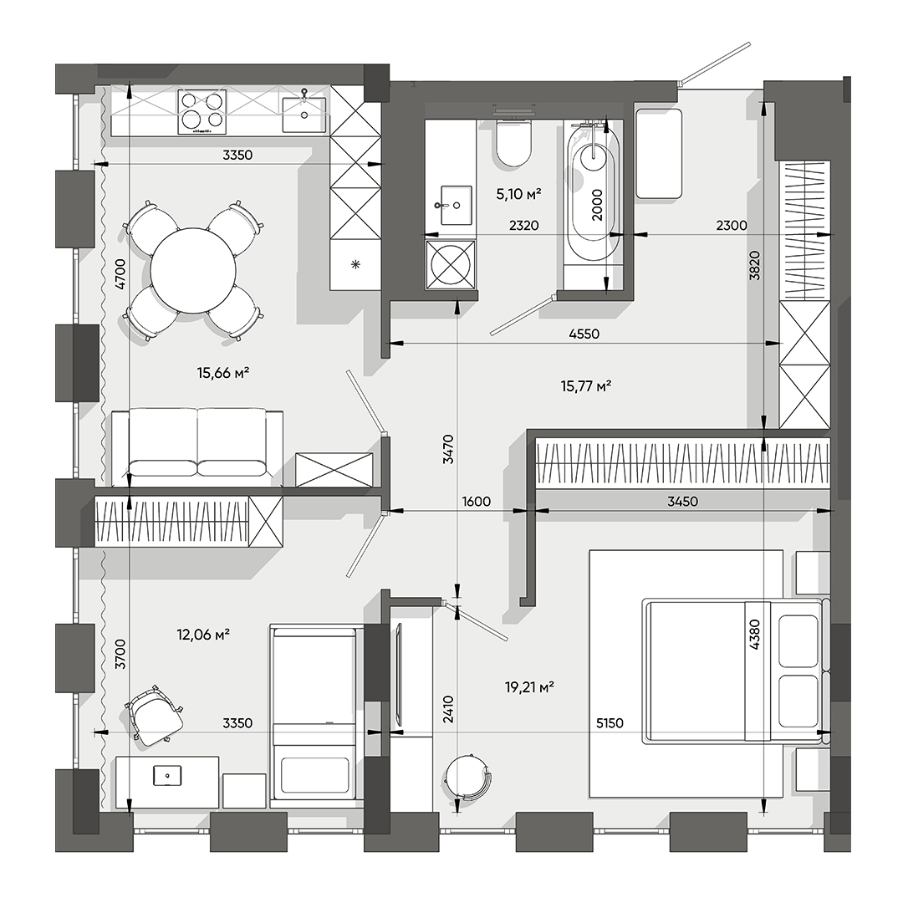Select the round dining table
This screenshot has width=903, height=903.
tap(193, 270)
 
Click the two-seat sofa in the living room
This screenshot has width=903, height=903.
tap(197, 445)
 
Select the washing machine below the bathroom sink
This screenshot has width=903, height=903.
tap(451, 266)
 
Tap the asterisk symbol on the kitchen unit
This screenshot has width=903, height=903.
tap(355, 265)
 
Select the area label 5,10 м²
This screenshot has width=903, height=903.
tap(518, 194)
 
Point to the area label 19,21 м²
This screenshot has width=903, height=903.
tap(530, 687)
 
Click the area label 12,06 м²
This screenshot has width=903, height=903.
tap(203, 635)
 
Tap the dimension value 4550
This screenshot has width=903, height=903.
tap(584, 334)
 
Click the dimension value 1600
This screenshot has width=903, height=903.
tap(476, 502)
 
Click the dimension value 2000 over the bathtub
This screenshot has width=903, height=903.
tap(597, 203)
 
